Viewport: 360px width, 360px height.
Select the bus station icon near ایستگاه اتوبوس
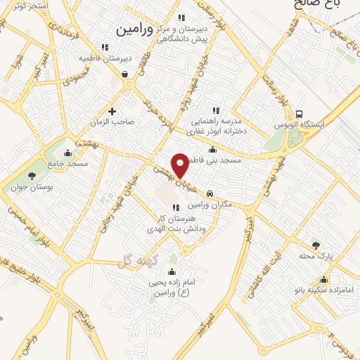pos(300,114)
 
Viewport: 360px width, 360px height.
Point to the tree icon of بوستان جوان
pos(31,175)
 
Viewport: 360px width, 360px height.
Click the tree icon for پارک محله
pos(315,245)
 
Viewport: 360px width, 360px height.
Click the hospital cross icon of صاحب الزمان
pos(112,110)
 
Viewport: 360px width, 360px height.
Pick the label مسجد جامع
pos(68,163)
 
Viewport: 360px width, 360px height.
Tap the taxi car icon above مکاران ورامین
pos(210,193)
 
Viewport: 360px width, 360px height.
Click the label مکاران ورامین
pos(210,204)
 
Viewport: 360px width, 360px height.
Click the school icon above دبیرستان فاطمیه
pos(105,47)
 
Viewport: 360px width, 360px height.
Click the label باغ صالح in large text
pos(320,4)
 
